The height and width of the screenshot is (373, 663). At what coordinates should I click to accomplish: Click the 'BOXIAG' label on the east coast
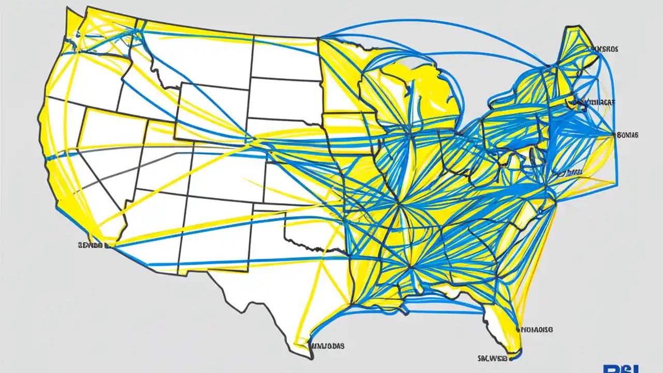click(x=628, y=135)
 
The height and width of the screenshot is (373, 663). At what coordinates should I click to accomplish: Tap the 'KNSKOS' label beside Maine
click(x=604, y=49)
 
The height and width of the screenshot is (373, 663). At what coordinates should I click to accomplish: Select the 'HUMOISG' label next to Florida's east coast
click(x=537, y=329)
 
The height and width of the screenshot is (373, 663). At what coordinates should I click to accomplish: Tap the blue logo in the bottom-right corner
click(x=632, y=368)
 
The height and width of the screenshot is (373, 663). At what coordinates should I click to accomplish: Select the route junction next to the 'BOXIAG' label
click(x=616, y=136)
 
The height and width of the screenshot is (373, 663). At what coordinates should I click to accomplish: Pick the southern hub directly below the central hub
click(x=410, y=267)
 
